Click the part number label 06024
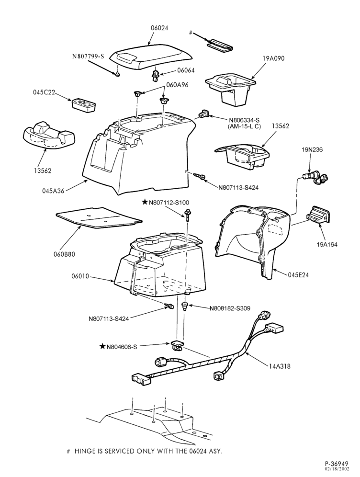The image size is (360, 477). click(159, 28)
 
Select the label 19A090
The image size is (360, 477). click(274, 58)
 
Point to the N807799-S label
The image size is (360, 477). click(88, 57)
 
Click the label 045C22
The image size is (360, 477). click(44, 92)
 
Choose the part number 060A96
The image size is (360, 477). click(178, 85)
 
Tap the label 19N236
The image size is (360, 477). click(312, 150)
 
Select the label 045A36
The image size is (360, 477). click(53, 191)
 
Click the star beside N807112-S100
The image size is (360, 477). click(145, 202)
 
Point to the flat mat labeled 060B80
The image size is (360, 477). click(99, 217)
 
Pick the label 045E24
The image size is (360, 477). click(299, 274)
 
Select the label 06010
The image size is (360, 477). click(80, 276)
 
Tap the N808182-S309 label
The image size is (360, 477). click(230, 308)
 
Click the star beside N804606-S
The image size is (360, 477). click(102, 346)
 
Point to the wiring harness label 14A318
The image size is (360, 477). click(280, 366)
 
